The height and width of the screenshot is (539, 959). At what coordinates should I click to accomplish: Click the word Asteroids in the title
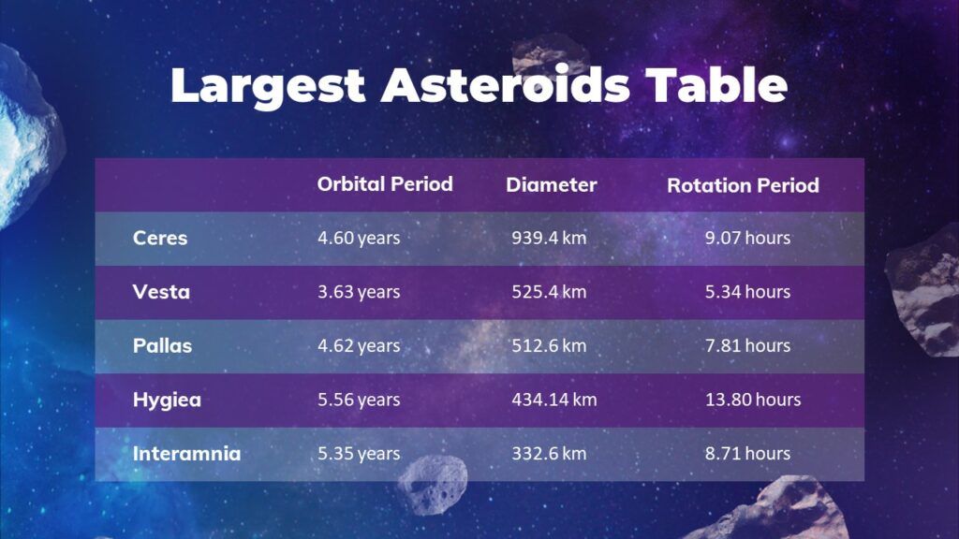pyautogui.click(x=506, y=86)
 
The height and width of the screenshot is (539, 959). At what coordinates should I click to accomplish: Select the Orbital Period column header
pyautogui.click(x=385, y=184)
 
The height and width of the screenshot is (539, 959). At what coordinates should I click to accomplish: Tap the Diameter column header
pyautogui.click(x=551, y=185)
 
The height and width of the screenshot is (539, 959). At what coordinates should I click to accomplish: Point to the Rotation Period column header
pyautogui.click(x=743, y=185)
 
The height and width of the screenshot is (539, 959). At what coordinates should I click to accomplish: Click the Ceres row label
pyautogui.click(x=160, y=238)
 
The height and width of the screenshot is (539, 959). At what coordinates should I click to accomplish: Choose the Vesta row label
pyautogui.click(x=161, y=292)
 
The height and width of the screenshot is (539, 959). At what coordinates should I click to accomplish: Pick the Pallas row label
pyautogui.click(x=162, y=346)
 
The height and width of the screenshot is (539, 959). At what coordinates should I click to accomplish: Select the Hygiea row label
pyautogui.click(x=167, y=401)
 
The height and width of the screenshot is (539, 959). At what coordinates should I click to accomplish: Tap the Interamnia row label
pyautogui.click(x=186, y=454)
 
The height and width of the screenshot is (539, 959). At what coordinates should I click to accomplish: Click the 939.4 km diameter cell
pyautogui.click(x=549, y=238)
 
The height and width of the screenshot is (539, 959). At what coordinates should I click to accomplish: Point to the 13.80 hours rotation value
pyautogui.click(x=753, y=401)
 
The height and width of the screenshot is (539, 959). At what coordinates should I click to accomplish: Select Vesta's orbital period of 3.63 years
pyautogui.click(x=359, y=292)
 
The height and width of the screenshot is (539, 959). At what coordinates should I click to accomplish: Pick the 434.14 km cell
pyautogui.click(x=553, y=401)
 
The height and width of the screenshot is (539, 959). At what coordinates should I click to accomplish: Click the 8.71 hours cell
pyautogui.click(x=747, y=454)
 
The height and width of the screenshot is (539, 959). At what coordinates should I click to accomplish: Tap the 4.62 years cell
pyautogui.click(x=359, y=346)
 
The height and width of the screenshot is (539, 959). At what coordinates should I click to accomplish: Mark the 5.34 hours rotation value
pyautogui.click(x=747, y=292)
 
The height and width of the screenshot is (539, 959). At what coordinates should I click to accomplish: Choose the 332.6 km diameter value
pyautogui.click(x=549, y=454)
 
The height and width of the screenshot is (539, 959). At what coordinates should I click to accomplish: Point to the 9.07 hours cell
pyautogui.click(x=747, y=238)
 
